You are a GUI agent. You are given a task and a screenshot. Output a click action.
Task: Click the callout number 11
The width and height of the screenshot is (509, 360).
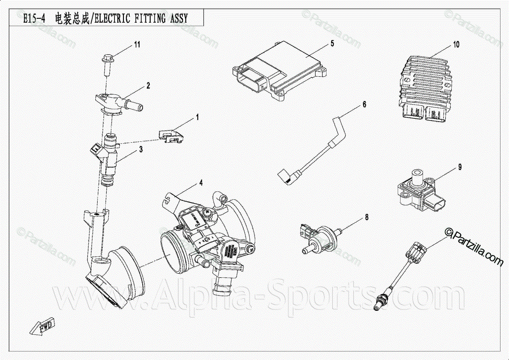point(137,44)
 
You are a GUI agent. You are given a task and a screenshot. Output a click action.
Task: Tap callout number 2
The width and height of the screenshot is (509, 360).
point(148,86)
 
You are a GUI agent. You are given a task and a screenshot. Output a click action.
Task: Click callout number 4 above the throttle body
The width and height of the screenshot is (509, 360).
point(201,183)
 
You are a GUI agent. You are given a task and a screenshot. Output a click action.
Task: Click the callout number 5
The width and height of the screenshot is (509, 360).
point(332,43)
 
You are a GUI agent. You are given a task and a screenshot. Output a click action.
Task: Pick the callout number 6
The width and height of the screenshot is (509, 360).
point(364,104)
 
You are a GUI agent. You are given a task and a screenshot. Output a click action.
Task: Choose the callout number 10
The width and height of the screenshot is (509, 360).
point(456,44)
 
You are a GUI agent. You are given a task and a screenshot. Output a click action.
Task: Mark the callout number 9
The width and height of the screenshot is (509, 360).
point(459,167)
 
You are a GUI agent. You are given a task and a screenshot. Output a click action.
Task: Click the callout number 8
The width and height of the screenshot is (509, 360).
point(366,217)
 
